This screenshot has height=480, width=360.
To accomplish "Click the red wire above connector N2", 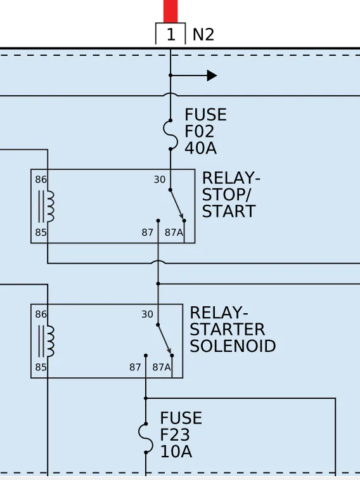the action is coord(170,11).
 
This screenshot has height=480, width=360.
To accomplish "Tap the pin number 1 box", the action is coord(170,34).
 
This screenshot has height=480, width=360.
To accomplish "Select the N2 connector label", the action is coord(203,35).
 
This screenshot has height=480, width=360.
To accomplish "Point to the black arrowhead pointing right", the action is coord(212,75).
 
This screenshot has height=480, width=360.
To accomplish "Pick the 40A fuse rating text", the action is coord(201,148).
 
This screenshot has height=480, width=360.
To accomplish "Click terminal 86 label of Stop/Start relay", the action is coord(41,179).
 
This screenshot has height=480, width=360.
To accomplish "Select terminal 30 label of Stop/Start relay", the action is coord(160,179).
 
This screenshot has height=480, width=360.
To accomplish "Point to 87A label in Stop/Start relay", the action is coord(174,233).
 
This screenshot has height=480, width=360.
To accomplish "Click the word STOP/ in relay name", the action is coord(227,195).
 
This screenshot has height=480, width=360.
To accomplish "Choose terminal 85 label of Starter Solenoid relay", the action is coord(41,367).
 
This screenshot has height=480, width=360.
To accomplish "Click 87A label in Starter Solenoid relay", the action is coord(162,367).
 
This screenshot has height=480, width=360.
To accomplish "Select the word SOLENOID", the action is coord(233,346).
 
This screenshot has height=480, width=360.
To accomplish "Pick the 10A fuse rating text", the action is coord(176,451).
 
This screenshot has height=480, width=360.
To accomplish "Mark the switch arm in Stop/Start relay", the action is coord(177,205).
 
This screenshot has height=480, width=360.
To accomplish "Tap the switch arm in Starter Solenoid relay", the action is coord(165,340).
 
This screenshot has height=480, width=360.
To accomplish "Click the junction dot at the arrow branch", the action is coord(170,75).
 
